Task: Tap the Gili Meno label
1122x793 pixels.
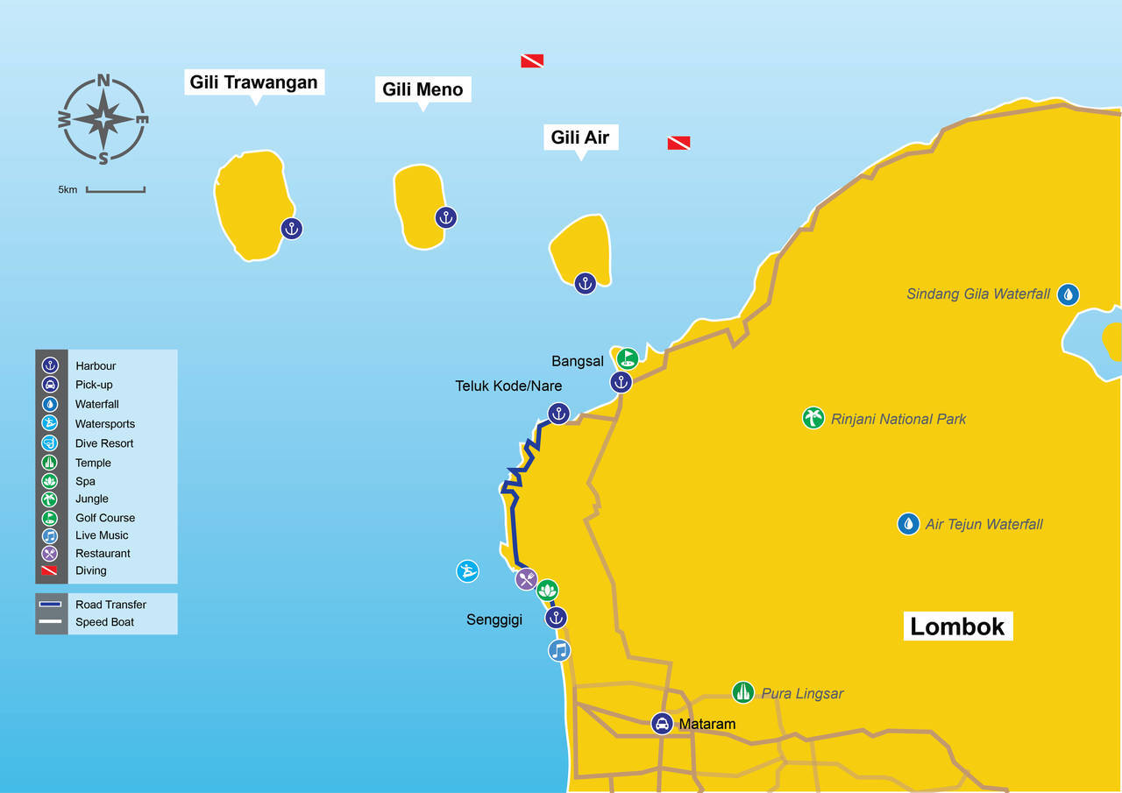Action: [423, 89]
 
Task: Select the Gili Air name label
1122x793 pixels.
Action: [579, 137]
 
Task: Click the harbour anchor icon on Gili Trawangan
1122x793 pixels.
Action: [292, 229]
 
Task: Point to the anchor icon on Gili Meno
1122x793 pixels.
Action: [446, 218]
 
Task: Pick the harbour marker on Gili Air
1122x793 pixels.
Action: [585, 283]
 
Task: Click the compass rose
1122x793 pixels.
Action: [103, 119]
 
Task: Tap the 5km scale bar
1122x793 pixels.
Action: [115, 189]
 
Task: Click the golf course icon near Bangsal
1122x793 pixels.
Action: [627, 358]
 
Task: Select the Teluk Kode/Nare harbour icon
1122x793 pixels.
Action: [558, 414]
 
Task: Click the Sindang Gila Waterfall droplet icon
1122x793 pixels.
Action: [1068, 294]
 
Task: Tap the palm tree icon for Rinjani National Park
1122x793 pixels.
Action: [813, 418]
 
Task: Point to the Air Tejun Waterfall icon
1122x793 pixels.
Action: [909, 524]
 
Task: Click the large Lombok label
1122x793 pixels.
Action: [957, 627]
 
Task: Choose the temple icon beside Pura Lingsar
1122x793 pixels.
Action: [743, 692]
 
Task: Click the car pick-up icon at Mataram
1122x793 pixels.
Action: [663, 724]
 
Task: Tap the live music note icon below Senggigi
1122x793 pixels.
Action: [559, 650]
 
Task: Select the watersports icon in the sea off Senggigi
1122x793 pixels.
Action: [468, 571]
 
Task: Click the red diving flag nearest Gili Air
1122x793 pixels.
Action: [678, 143]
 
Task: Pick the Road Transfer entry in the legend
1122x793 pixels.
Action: [110, 605]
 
